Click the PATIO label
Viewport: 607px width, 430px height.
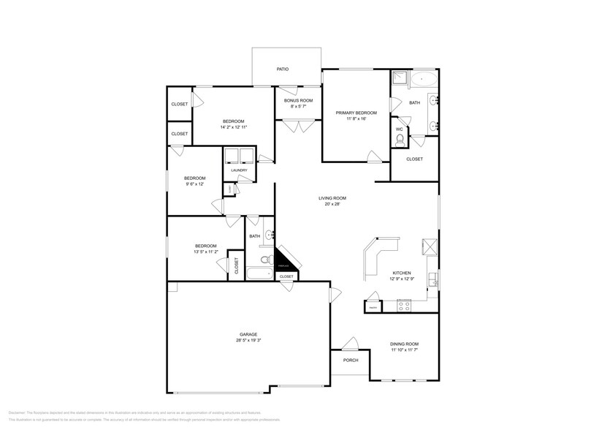point(282,69)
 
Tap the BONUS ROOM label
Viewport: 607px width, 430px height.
point(298,100)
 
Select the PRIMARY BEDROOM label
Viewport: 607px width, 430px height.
point(356,113)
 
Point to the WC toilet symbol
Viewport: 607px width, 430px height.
point(399,137)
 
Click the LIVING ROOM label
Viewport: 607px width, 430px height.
point(332,198)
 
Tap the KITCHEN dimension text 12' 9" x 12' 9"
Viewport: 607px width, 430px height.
point(402,279)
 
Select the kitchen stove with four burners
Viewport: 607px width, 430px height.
point(405,305)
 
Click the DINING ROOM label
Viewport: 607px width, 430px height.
point(404,344)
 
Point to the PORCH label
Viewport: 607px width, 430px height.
point(351,360)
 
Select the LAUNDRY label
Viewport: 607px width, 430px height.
point(239,170)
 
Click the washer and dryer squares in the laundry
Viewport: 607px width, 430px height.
point(239,155)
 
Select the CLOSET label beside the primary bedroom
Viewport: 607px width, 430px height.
point(414,159)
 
